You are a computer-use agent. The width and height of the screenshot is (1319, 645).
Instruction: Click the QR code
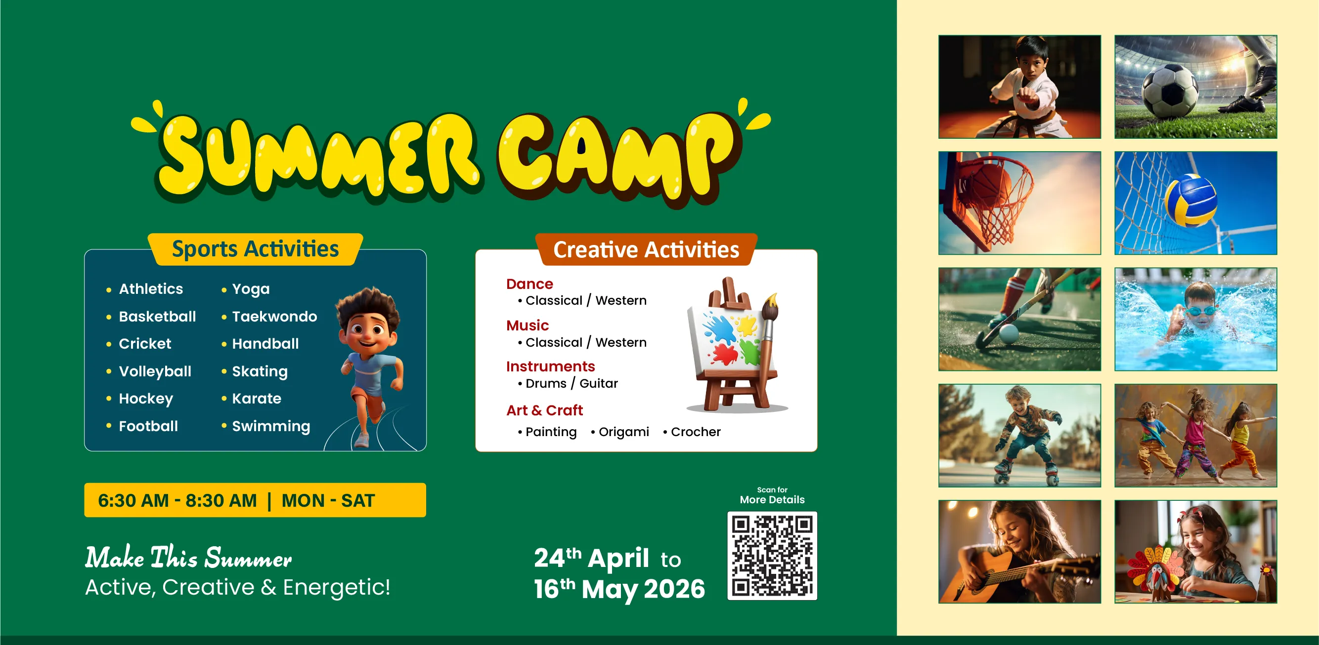pyautogui.click(x=772, y=556)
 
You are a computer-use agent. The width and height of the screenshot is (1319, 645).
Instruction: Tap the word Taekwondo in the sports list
pyautogui.click(x=274, y=317)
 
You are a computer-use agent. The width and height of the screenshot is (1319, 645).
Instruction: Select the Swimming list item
pyautogui.click(x=271, y=426)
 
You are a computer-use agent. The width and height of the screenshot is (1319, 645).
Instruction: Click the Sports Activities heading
pyautogui.click(x=255, y=249)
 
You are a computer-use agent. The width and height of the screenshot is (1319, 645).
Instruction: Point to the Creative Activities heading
pyautogui.click(x=646, y=250)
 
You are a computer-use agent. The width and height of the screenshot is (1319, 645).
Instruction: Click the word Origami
pyautogui.click(x=624, y=432)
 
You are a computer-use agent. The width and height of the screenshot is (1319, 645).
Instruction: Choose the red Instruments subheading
pyautogui.click(x=550, y=366)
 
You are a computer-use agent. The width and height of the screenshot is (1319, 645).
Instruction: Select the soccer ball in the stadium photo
pyautogui.click(x=1171, y=92)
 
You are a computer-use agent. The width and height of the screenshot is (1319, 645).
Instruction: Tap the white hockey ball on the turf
pyautogui.click(x=1009, y=333)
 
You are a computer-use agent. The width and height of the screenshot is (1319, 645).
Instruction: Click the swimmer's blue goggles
pyautogui.click(x=1201, y=311)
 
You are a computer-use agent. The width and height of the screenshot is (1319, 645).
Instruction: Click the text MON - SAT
pyautogui.click(x=328, y=500)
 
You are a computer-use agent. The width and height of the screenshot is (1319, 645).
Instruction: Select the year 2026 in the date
pyautogui.click(x=674, y=589)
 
